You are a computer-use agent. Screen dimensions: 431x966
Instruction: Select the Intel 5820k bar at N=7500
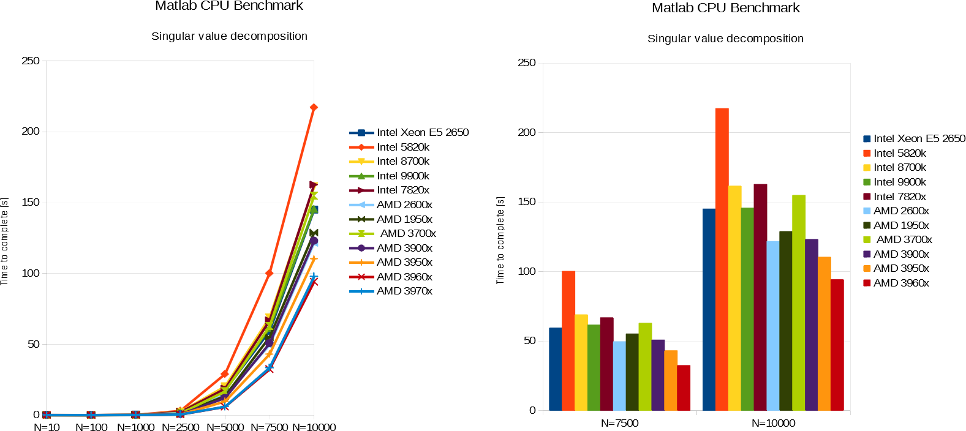tap(568, 340)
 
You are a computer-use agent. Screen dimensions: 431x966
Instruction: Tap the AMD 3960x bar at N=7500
tap(684, 388)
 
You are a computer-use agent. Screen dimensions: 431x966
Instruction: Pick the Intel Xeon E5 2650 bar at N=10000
tap(709, 309)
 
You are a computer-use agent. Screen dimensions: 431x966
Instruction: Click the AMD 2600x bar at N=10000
tap(773, 326)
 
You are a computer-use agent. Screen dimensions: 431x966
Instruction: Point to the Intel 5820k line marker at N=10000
tap(314, 108)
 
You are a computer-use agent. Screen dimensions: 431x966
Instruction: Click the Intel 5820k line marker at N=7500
tap(269, 273)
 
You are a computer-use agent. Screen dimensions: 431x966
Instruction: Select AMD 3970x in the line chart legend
tap(404, 291)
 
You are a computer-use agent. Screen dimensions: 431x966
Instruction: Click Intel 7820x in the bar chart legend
tap(899, 197)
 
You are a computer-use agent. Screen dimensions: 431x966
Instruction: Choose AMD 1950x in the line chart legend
tap(404, 219)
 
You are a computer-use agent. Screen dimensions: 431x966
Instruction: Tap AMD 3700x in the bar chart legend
tap(904, 239)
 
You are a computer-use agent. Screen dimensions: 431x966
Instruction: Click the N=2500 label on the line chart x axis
tap(180, 427)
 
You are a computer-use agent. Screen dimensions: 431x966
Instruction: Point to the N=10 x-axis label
tap(47, 427)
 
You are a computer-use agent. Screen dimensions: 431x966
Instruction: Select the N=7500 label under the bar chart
tap(619, 423)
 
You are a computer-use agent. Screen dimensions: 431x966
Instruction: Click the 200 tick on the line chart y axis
tap(30, 132)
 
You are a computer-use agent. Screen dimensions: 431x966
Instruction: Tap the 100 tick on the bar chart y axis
tap(527, 271)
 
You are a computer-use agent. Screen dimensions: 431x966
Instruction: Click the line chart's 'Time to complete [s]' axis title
tap(4, 241)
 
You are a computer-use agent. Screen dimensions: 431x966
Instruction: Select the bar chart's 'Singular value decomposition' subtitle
tap(725, 39)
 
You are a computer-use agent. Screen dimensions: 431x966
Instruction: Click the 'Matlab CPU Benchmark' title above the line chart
tap(229, 6)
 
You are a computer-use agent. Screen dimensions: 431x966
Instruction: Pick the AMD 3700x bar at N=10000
tap(799, 302)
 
